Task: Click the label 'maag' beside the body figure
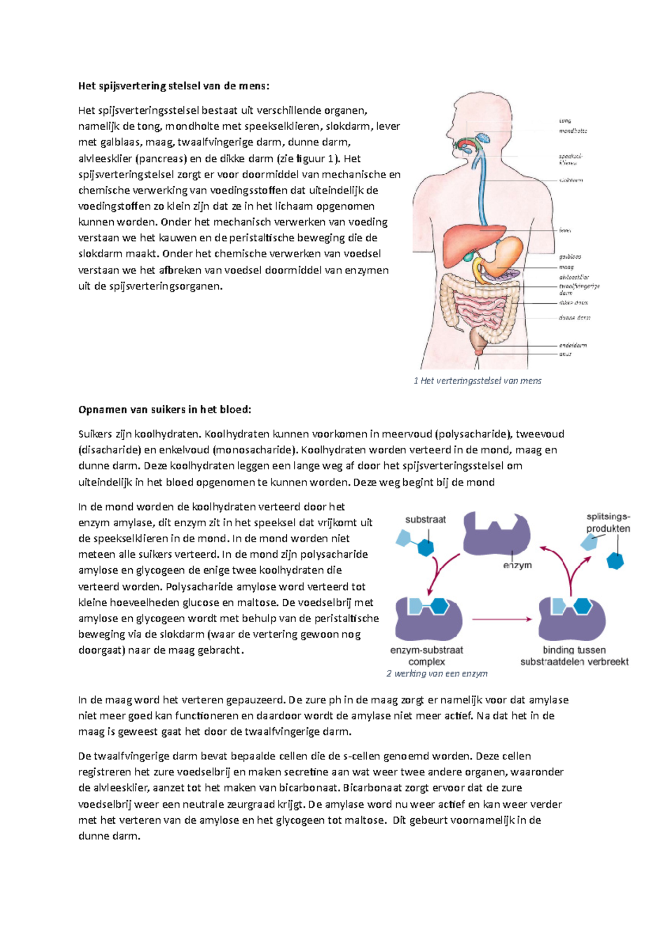pyautogui.click(x=566, y=267)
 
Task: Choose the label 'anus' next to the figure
pyautogui.click(x=565, y=354)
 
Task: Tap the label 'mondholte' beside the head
pyautogui.click(x=572, y=131)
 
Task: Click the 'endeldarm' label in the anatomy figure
pyautogui.click(x=572, y=345)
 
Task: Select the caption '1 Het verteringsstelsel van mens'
pyautogui.click(x=477, y=381)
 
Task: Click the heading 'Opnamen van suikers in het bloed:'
pyautogui.click(x=165, y=410)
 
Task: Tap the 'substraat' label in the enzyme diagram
pyautogui.click(x=425, y=520)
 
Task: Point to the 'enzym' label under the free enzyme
pyautogui.click(x=517, y=565)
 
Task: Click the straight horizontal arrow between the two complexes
pyautogui.click(x=501, y=619)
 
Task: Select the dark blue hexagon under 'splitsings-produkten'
pyautogui.click(x=615, y=561)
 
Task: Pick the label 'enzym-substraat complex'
pyautogui.click(x=427, y=655)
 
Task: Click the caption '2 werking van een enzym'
pyautogui.click(x=436, y=674)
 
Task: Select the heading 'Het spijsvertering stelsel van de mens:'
pyautogui.click(x=174, y=86)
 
